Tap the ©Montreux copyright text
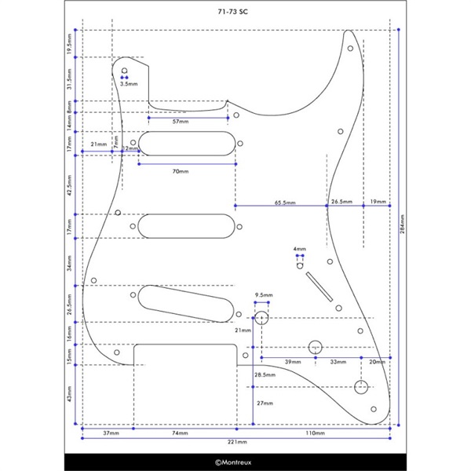tap(235, 463)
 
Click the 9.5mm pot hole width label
tap(261, 295)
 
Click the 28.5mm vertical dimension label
tap(265, 375)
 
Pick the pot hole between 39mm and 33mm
tap(316, 347)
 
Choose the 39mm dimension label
tap(292, 361)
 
